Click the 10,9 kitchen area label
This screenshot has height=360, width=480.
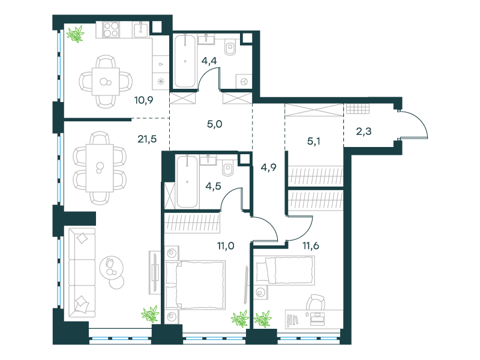point(143,100)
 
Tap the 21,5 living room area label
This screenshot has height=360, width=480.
point(147,139)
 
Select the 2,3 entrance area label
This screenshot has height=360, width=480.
point(364,131)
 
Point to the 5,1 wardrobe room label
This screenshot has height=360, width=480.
point(313,142)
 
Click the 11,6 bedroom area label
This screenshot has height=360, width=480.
point(311,246)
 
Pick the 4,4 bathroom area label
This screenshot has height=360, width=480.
point(209,61)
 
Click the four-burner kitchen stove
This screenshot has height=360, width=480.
point(111,29)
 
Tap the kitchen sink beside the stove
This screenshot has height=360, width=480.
point(141,29)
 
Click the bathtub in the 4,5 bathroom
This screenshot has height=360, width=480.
point(187,181)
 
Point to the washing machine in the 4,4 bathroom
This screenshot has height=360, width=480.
point(244,81)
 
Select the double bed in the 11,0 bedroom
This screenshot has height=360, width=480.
point(195,284)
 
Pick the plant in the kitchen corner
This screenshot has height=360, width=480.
point(76,34)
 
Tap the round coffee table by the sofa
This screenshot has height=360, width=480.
point(112,268)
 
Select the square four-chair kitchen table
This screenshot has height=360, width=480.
point(106,82)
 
